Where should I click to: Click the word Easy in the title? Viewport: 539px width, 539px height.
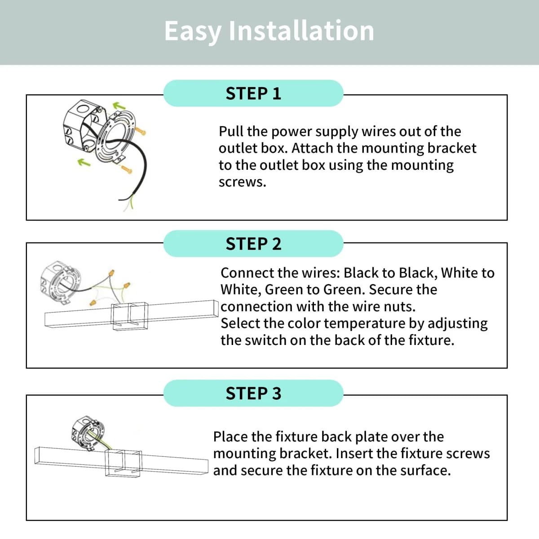(x=193, y=31)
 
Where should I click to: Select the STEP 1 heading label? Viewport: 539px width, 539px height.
(x=253, y=93)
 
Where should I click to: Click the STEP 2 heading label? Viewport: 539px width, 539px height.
(x=253, y=243)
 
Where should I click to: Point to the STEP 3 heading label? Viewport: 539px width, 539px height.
(x=253, y=393)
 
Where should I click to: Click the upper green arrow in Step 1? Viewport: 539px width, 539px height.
(x=119, y=106)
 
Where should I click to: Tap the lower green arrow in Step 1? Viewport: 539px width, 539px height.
(x=84, y=162)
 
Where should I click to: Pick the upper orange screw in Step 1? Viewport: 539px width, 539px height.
(x=140, y=131)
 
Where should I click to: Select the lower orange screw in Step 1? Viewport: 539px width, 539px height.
(x=126, y=169)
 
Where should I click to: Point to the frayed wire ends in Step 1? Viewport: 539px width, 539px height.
(x=128, y=203)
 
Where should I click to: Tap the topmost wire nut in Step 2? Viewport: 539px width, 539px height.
(x=111, y=273)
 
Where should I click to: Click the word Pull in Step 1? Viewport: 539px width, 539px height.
(x=230, y=132)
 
